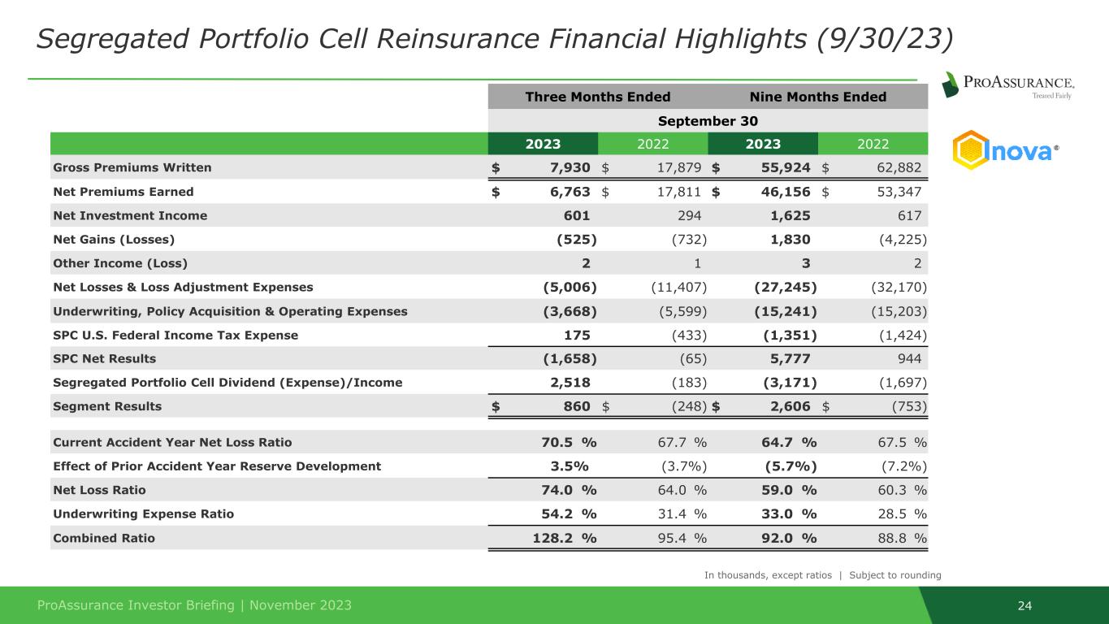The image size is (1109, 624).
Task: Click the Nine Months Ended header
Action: click(x=817, y=97)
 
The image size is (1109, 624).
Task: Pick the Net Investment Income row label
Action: click(x=130, y=215)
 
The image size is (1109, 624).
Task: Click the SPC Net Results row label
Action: click(x=104, y=358)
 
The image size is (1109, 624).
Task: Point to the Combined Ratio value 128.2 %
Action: click(x=563, y=538)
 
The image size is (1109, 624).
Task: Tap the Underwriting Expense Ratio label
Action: click(x=143, y=513)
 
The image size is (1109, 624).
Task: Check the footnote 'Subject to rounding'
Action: click(x=895, y=575)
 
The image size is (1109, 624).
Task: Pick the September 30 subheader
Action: click(x=708, y=120)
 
